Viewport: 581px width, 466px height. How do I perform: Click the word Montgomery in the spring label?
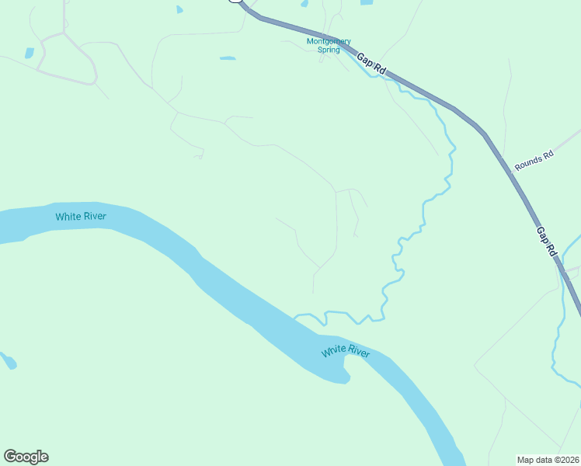pos(329,41)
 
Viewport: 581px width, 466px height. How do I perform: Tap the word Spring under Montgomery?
pos(329,50)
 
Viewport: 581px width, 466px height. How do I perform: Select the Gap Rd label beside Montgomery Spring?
pos(371,64)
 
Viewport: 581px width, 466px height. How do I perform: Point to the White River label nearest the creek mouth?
pos(346,353)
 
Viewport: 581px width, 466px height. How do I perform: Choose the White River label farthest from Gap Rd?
pos(81,216)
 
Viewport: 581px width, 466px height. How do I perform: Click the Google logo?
pos(26,457)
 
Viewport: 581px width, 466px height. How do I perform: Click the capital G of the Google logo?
pos(10,457)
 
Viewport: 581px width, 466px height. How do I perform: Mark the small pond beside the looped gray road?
pos(30,54)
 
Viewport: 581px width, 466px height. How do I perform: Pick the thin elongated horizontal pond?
pos(228,58)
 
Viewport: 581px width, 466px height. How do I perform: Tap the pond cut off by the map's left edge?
pos(8,361)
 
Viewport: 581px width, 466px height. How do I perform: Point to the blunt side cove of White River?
pos(342,377)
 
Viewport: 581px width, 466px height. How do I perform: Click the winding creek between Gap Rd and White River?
pos(424,210)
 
